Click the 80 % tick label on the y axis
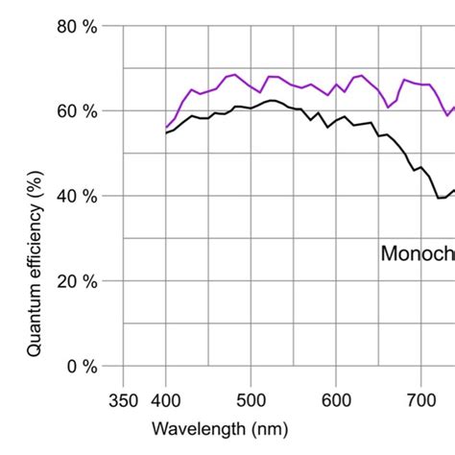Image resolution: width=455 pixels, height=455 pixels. click(x=76, y=27)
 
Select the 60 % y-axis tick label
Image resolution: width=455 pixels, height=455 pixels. click(x=76, y=111)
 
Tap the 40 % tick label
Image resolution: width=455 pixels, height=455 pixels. click(x=76, y=197)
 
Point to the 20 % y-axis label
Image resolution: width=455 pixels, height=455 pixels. click(x=76, y=281)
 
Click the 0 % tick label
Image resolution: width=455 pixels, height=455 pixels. click(x=81, y=366)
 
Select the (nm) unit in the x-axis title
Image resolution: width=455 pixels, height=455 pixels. click(x=268, y=429)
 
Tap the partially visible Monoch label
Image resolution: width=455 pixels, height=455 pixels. click(x=417, y=254)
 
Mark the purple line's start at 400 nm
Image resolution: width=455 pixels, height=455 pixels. click(x=166, y=128)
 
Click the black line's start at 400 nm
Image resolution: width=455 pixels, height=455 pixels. click(x=166, y=132)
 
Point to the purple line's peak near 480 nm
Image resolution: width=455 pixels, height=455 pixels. click(x=234, y=74)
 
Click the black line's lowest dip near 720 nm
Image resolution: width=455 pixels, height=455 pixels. click(x=439, y=198)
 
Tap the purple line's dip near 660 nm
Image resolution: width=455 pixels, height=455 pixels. click(x=387, y=107)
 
